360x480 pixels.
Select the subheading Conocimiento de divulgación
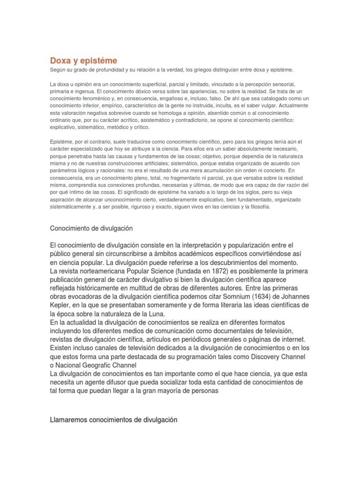[91, 228]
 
